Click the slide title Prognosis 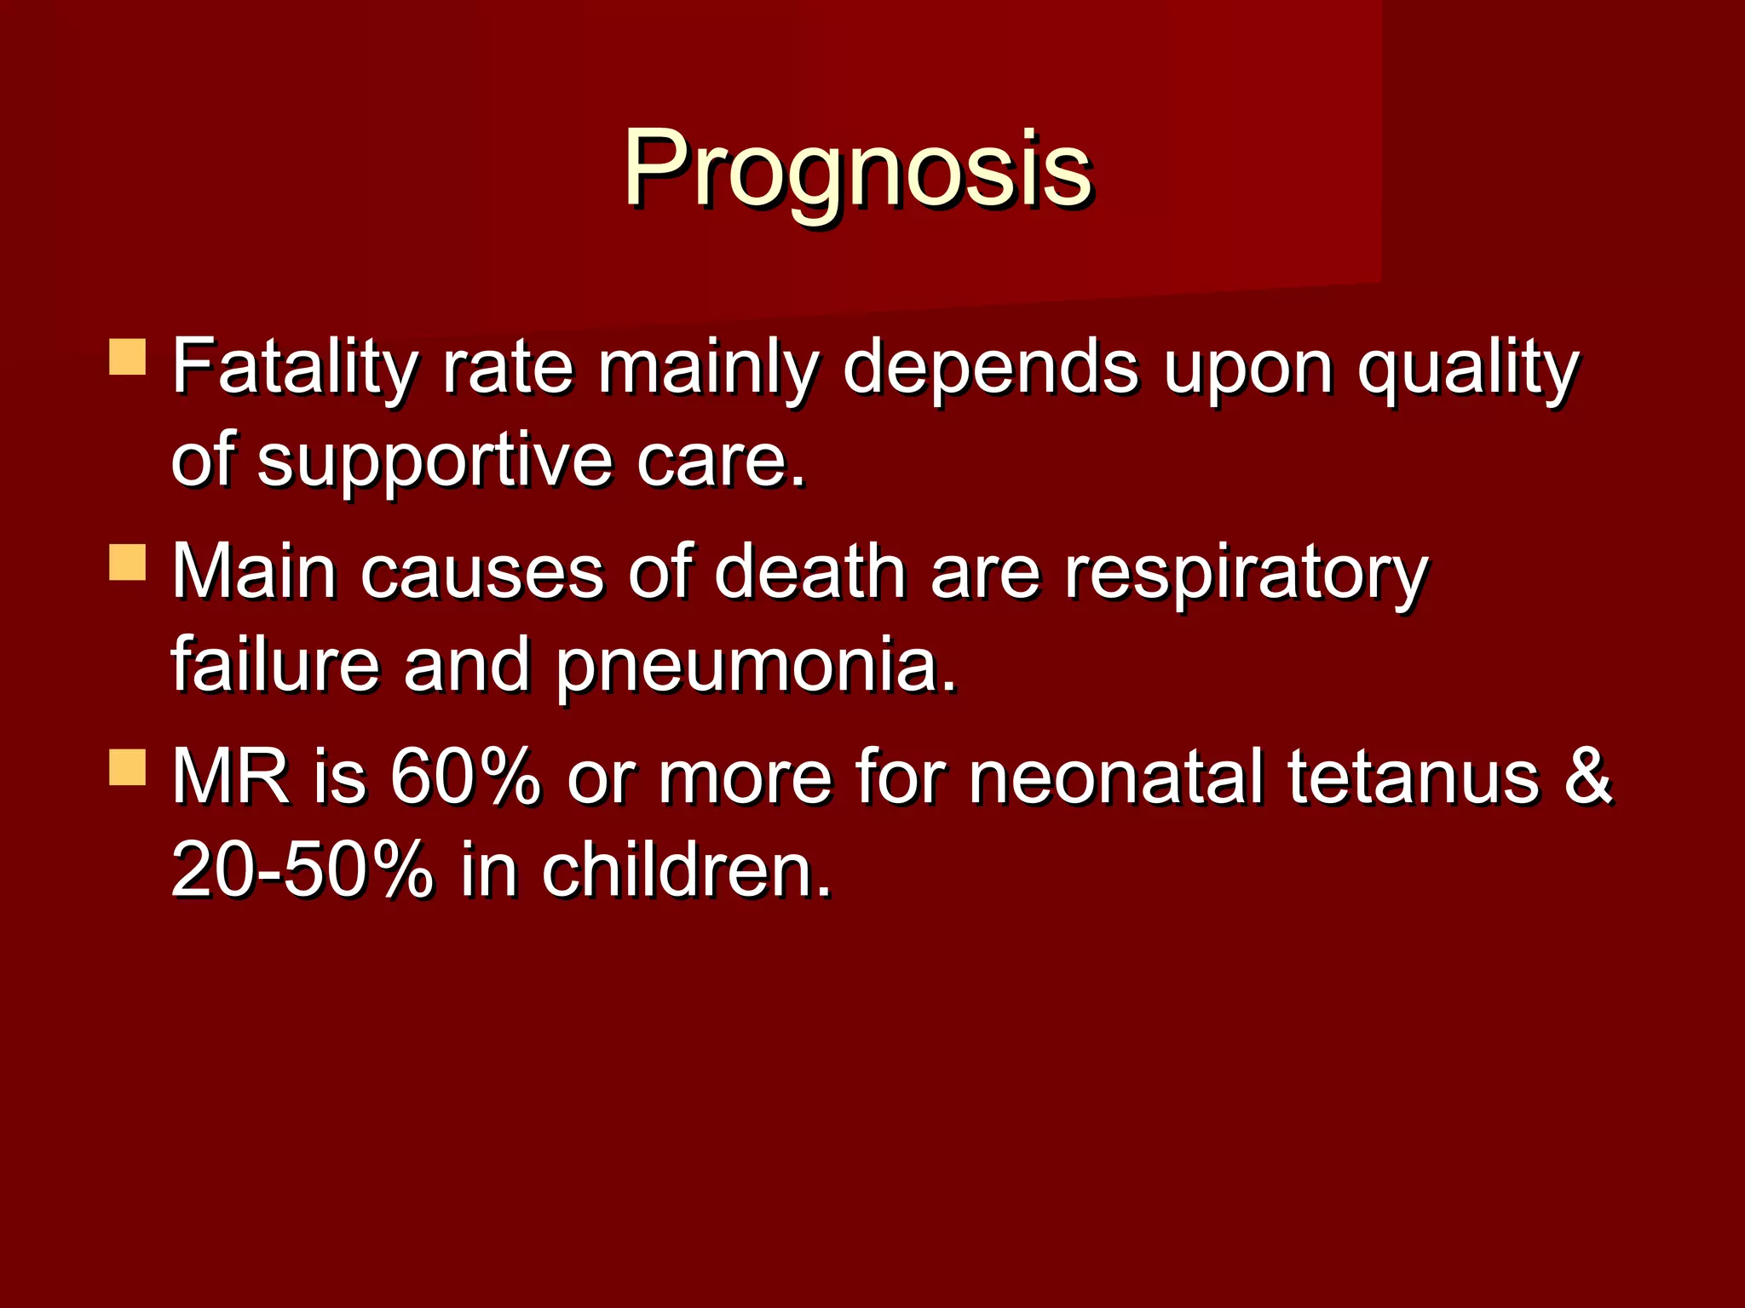(857, 168)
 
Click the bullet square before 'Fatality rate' (128, 358)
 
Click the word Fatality (294, 368)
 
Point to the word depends (990, 368)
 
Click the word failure (274, 664)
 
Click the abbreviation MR (230, 777)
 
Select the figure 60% (465, 777)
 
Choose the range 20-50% (302, 870)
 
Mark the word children (686, 870)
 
